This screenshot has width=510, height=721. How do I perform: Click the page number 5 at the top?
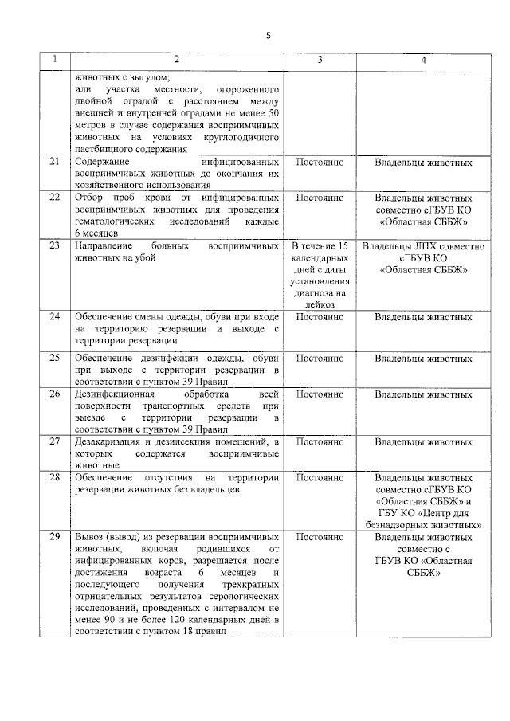click(268, 36)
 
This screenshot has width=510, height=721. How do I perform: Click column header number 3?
click(320, 61)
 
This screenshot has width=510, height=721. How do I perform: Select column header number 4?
click(423, 61)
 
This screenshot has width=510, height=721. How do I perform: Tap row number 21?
click(55, 163)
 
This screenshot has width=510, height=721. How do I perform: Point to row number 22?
click(55, 197)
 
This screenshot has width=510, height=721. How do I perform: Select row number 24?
click(55, 317)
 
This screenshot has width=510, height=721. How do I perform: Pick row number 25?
click(55, 358)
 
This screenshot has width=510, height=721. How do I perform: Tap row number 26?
click(55, 394)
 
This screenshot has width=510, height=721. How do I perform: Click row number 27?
click(55, 441)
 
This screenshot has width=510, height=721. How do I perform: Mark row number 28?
click(55, 477)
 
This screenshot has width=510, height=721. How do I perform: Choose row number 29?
click(55, 537)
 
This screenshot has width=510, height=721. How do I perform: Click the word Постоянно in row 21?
click(320, 163)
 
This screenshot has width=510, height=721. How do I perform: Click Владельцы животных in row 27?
click(423, 441)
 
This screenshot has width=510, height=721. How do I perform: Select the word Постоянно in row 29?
click(320, 537)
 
